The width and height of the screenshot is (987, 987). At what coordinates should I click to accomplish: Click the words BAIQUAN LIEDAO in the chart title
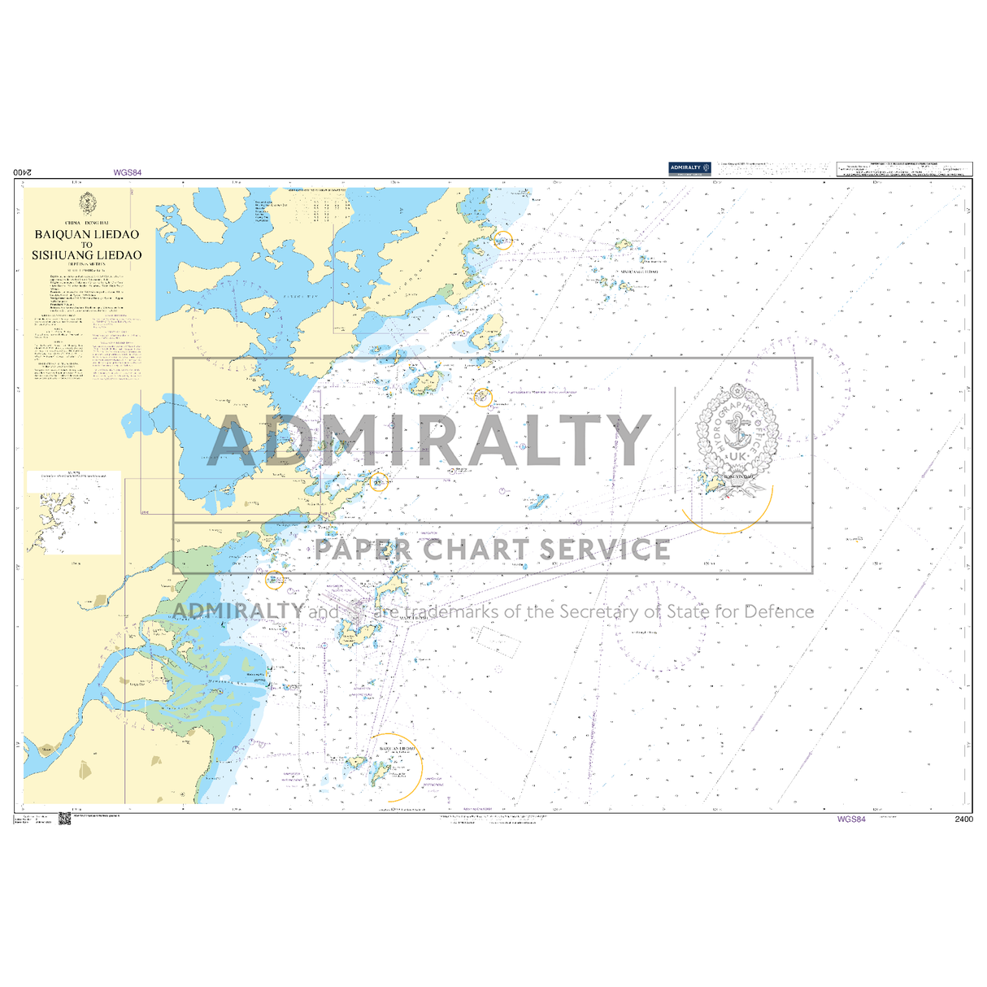87,234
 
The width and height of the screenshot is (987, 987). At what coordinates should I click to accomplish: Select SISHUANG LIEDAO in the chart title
87,254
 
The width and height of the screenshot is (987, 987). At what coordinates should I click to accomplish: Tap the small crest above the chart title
87,204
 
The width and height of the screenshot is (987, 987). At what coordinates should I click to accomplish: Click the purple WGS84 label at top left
128,172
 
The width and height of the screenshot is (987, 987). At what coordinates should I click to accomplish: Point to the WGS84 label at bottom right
851,820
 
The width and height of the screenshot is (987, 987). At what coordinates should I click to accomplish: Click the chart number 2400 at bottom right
963,820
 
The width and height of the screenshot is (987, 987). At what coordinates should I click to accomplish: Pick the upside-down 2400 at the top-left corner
24,172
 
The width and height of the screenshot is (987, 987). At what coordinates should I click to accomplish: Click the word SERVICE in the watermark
606,550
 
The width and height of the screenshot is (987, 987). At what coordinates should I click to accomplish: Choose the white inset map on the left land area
74,512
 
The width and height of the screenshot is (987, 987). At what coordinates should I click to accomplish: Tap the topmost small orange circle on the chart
503,240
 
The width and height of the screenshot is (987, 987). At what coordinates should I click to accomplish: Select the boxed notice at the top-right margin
903,168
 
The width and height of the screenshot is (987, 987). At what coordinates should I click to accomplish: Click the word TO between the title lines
87,245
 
